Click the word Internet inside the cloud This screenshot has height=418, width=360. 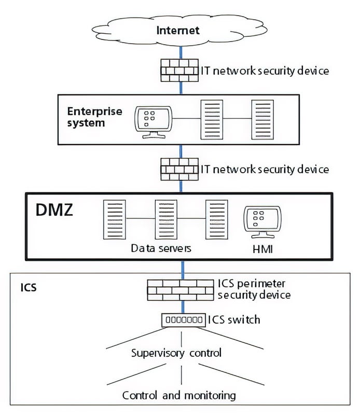click(178, 30)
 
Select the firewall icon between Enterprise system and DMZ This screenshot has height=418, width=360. click(180, 169)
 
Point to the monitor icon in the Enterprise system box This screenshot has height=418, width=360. click(153, 120)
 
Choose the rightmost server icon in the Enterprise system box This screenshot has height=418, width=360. click(262, 120)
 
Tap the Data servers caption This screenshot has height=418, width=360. click(161, 248)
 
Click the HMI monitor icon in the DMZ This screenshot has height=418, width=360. click(261, 221)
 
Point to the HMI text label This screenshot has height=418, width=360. click(261, 250)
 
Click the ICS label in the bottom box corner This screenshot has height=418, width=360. click(29, 286)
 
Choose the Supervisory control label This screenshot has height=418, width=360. click(176, 353)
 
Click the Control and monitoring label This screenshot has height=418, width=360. click(178, 395)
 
